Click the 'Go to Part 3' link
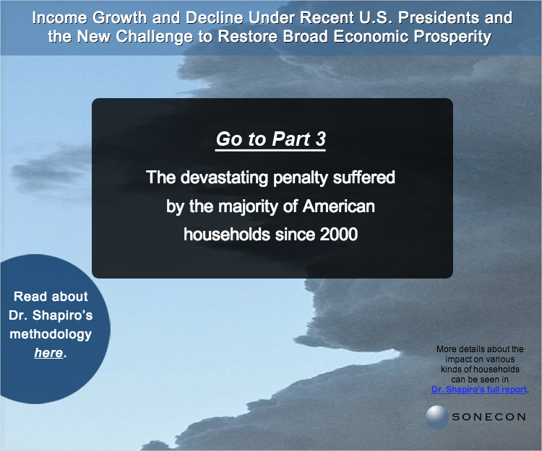(x=271, y=139)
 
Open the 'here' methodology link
(x=48, y=353)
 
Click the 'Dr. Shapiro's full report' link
(x=479, y=390)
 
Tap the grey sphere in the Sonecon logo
(x=437, y=417)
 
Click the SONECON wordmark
(x=489, y=417)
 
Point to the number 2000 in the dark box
(x=339, y=235)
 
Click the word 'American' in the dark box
(x=339, y=206)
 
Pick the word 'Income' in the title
(x=59, y=17)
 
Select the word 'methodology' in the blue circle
(x=51, y=334)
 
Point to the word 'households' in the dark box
(x=227, y=235)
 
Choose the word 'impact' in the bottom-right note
(x=455, y=359)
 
